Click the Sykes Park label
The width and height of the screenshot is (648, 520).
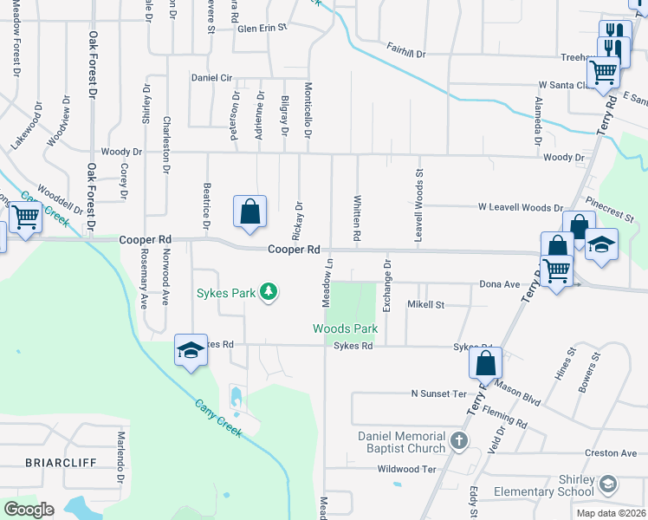pyautogui.click(x=225, y=293)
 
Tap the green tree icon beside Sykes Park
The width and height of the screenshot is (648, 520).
pyautogui.click(x=269, y=291)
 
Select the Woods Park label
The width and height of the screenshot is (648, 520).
pyautogui.click(x=346, y=329)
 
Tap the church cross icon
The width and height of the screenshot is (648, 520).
pyautogui.click(x=459, y=442)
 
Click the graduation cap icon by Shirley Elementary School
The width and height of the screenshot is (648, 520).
pyautogui.click(x=609, y=481)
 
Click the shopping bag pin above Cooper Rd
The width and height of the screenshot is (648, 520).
pyautogui.click(x=249, y=211)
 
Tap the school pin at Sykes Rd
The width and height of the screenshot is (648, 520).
pyautogui.click(x=191, y=350)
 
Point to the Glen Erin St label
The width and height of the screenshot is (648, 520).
pyautogui.click(x=262, y=28)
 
